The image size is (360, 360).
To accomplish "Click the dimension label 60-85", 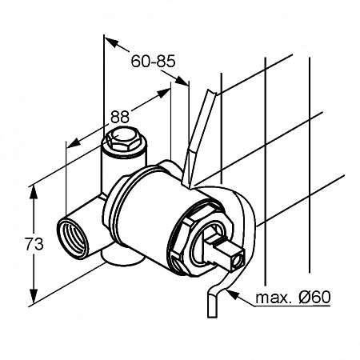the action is click(x=153, y=62).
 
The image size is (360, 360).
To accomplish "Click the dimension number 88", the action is click(x=120, y=117).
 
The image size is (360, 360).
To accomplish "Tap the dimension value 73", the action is click(x=34, y=244).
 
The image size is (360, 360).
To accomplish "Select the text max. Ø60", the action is click(x=293, y=297).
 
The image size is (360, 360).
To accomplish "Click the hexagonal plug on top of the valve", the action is click(x=123, y=140).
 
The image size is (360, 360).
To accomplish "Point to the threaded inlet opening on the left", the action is click(x=72, y=238).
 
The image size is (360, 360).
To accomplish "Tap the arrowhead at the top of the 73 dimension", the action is click(x=34, y=193).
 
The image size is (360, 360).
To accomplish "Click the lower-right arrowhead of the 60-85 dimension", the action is click(x=182, y=81).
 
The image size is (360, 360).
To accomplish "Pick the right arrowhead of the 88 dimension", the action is click(x=163, y=94).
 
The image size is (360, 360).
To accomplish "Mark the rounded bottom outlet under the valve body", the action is click(x=122, y=258).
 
